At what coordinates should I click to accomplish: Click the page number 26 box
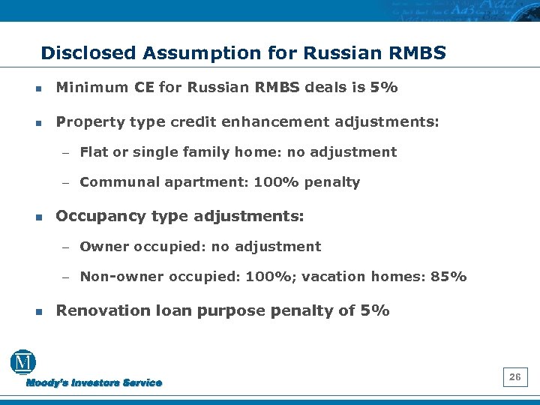514,377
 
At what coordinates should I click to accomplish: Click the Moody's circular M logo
23,362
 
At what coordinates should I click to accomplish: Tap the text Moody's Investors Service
94,383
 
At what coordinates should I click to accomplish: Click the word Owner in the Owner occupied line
101,247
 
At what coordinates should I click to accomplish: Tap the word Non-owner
122,277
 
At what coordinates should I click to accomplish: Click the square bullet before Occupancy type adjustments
37,217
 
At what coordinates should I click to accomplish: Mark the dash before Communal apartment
66,183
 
